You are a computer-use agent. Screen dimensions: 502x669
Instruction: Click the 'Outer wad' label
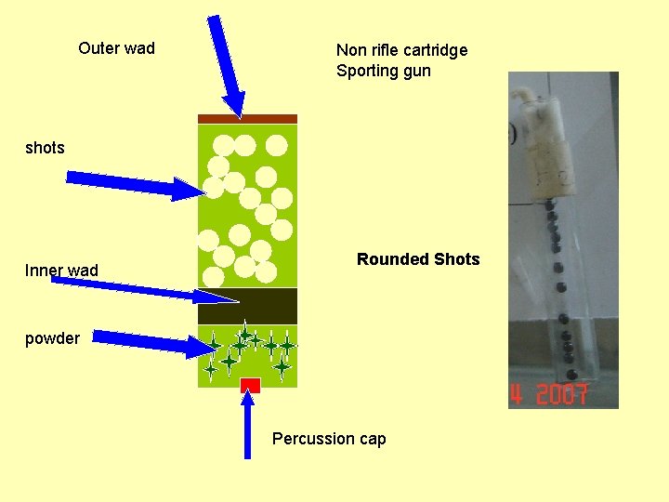pos(116,48)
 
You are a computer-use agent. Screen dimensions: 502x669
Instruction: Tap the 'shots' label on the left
pos(45,148)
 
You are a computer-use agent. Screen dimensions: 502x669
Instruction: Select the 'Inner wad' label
pos(61,271)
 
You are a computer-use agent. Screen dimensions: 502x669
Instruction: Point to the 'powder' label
pos(52,338)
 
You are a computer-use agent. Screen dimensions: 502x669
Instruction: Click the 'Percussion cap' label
pos(329,439)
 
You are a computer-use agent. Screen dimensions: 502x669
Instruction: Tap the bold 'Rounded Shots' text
pos(418,259)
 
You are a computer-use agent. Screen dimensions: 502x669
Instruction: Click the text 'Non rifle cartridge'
pos(401,50)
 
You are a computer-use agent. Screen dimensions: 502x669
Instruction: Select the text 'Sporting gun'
pos(384,71)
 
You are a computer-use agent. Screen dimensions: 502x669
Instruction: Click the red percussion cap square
pos(249,385)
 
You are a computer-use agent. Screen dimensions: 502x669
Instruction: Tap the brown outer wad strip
pos(248,119)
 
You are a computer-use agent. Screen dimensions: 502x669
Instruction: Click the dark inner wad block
pos(248,306)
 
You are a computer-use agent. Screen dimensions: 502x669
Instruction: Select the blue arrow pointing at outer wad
pos(226,65)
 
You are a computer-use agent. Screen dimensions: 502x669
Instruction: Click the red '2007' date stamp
pos(550,395)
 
